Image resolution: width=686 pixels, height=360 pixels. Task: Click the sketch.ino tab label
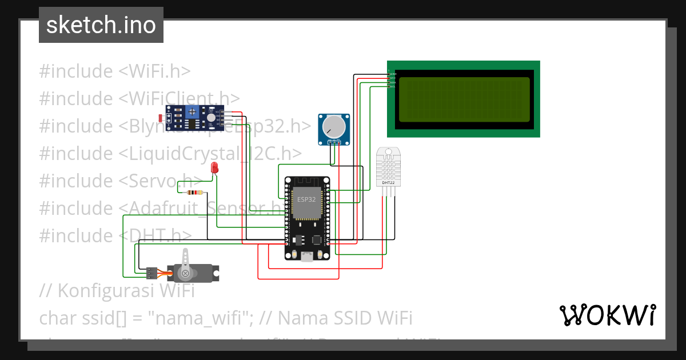tap(101, 25)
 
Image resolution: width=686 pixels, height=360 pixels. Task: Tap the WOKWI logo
tap(607, 315)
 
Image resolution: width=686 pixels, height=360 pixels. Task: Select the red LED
tap(214, 167)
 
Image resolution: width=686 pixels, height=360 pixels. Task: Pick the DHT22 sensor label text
tap(388, 182)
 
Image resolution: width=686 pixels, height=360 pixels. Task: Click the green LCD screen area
tap(464, 99)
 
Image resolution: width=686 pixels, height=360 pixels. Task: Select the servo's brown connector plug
tap(151, 273)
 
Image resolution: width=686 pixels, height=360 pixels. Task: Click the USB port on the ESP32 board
tap(307, 257)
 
